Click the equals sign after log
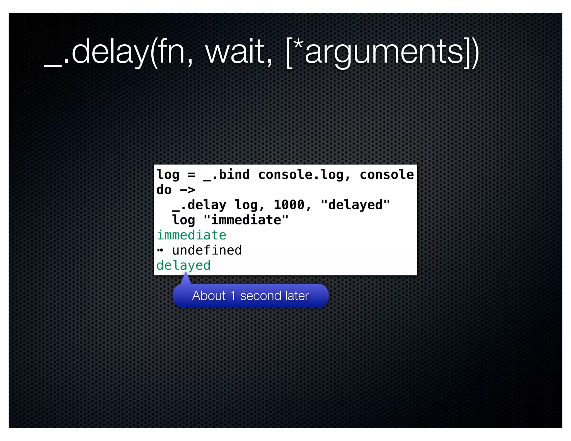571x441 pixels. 191,175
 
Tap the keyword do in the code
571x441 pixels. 164,190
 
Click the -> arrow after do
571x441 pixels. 187,190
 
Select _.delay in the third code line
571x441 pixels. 199,205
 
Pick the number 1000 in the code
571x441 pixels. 289,205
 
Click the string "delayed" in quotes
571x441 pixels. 355,205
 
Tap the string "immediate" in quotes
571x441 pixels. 246,220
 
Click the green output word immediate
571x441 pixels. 192,235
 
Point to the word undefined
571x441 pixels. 207,250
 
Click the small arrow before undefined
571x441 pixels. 160,250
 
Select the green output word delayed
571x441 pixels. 183,265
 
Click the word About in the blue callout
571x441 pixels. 209,296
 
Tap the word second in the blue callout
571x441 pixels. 261,296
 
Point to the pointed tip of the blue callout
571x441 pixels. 186,272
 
